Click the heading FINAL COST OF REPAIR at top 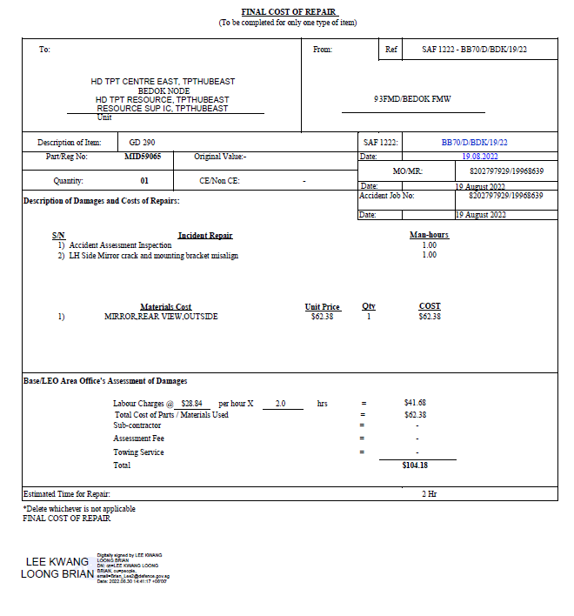[x=287, y=11]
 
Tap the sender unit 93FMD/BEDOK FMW [x=412, y=99]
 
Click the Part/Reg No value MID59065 [x=143, y=157]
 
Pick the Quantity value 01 [x=144, y=181]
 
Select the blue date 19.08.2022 [x=480, y=157]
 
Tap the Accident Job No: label [x=387, y=196]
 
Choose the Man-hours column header [x=429, y=236]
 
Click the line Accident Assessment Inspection [x=120, y=245]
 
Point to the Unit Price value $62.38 [x=322, y=317]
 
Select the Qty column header [x=369, y=306]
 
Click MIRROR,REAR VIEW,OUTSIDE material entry [x=161, y=317]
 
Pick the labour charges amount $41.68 [x=416, y=403]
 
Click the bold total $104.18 [x=415, y=465]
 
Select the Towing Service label [x=138, y=452]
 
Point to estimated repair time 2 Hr [x=430, y=493]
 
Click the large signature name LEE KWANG [x=57, y=562]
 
